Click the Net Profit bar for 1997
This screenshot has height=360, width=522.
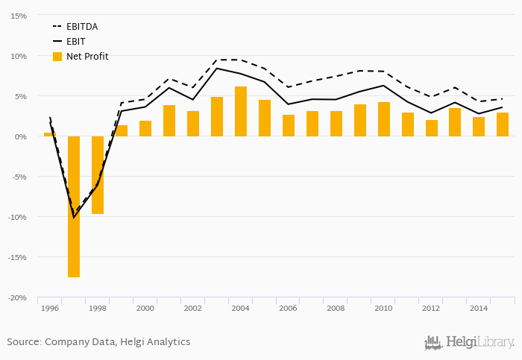(74, 206)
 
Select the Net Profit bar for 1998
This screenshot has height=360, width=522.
(98, 175)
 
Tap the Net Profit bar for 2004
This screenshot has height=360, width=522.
(241, 111)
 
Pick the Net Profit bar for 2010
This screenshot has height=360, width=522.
(384, 119)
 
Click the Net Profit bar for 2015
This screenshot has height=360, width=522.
(503, 124)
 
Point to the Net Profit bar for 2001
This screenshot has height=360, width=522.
(169, 121)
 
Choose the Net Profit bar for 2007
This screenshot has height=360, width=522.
(312, 124)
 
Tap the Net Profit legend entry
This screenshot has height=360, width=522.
(87, 56)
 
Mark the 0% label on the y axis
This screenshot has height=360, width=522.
(21, 136)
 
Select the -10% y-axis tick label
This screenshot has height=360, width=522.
(18, 217)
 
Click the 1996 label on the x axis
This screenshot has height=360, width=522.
(50, 308)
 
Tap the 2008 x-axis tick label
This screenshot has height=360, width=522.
(336, 308)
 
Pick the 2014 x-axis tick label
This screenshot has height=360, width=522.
(479, 308)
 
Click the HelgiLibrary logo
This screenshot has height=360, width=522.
(469, 342)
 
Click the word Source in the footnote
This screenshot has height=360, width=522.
(24, 342)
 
